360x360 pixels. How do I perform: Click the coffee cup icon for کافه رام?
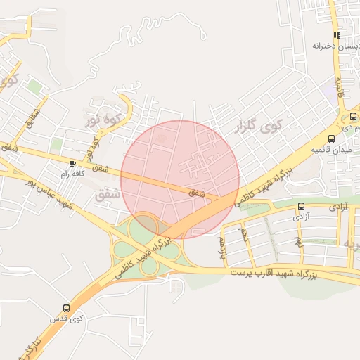[72, 163]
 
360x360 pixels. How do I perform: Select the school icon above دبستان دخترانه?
[337, 35]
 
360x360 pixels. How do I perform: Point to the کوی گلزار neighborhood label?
[259, 127]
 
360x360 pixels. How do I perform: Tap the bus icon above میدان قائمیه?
[332, 138]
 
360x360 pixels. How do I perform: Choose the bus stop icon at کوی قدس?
[66, 308]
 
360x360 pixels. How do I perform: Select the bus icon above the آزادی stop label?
[302, 206]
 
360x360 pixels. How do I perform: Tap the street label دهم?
[244, 234]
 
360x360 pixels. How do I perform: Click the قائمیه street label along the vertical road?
[340, 87]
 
